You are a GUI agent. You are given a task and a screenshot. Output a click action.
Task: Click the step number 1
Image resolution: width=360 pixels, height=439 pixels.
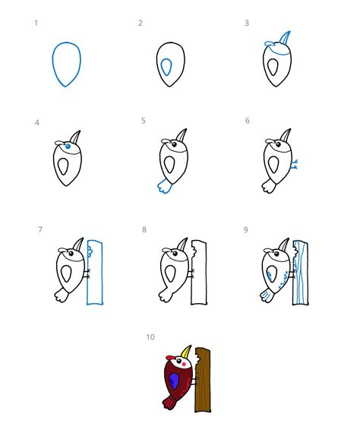pyautogui.click(x=36, y=23)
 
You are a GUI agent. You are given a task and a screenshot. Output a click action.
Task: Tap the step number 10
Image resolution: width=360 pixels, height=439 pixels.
pyautogui.click(x=150, y=337)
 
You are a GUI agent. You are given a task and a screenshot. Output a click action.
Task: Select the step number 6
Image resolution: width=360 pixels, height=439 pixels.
pyautogui.click(x=248, y=121)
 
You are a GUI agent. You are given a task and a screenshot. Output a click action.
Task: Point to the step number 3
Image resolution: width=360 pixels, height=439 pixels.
pyautogui.click(x=247, y=23)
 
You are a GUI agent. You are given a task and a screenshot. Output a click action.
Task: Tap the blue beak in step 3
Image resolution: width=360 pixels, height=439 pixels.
pyautogui.click(x=286, y=38)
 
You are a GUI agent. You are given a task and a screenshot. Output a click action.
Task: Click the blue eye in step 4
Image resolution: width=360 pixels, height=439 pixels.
pyautogui.click(x=68, y=146)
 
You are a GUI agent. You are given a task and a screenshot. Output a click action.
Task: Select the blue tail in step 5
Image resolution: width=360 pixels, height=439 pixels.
pyautogui.click(x=165, y=186)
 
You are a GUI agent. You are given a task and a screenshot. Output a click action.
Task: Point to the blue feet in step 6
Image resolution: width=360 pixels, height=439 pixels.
pyautogui.click(x=295, y=165)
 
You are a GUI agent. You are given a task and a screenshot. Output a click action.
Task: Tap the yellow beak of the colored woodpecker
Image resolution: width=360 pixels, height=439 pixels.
pyautogui.click(x=186, y=352)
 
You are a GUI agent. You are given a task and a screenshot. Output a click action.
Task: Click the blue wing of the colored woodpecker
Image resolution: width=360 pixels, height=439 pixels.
pyautogui.click(x=174, y=381)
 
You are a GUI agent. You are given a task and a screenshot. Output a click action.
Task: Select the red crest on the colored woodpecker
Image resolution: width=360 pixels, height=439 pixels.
pyautogui.click(x=170, y=358)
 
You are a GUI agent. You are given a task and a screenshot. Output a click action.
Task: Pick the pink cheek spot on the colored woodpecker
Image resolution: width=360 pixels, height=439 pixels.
pyautogui.click(x=184, y=364)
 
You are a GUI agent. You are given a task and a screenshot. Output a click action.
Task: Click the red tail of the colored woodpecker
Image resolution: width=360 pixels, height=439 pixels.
pyautogui.click(x=169, y=402)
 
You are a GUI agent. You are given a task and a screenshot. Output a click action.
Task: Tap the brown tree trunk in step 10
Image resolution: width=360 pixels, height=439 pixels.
pyautogui.click(x=203, y=380)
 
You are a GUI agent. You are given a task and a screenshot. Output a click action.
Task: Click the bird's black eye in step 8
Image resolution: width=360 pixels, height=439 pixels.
pyautogui.click(x=175, y=254)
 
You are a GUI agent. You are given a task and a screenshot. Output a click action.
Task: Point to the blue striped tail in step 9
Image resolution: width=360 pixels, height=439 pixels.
pyautogui.click(x=267, y=295)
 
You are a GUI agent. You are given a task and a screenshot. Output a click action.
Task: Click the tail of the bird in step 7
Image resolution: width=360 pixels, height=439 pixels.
pyautogui.click(x=62, y=295)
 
